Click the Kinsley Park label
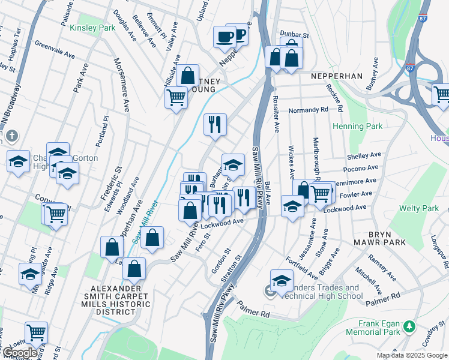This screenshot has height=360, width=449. click(92, 28)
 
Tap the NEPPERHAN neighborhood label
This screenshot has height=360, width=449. click(337, 77)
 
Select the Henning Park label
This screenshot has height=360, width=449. click(358, 127)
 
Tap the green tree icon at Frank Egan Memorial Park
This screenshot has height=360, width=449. click(409, 327)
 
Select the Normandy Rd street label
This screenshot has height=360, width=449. click(308, 110)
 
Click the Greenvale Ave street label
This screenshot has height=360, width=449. click(54, 49)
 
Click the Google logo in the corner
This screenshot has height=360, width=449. click(20, 353)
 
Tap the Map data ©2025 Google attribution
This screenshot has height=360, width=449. click(411, 355)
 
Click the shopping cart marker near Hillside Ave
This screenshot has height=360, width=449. click(176, 96)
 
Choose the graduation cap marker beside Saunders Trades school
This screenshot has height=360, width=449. click(282, 280)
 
